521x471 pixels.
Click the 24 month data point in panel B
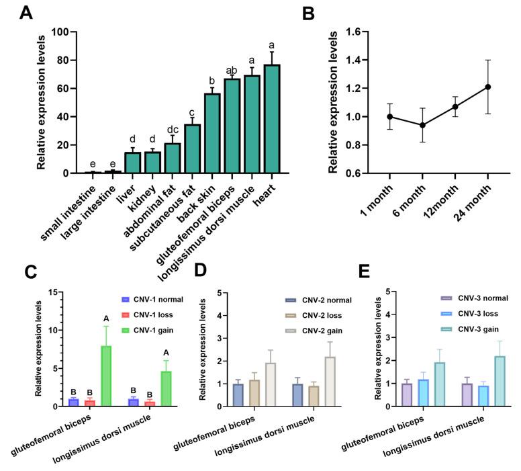(488, 87)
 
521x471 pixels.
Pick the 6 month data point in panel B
(422, 125)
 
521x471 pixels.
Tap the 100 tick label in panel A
(60, 32)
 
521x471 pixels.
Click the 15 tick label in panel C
(58, 291)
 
